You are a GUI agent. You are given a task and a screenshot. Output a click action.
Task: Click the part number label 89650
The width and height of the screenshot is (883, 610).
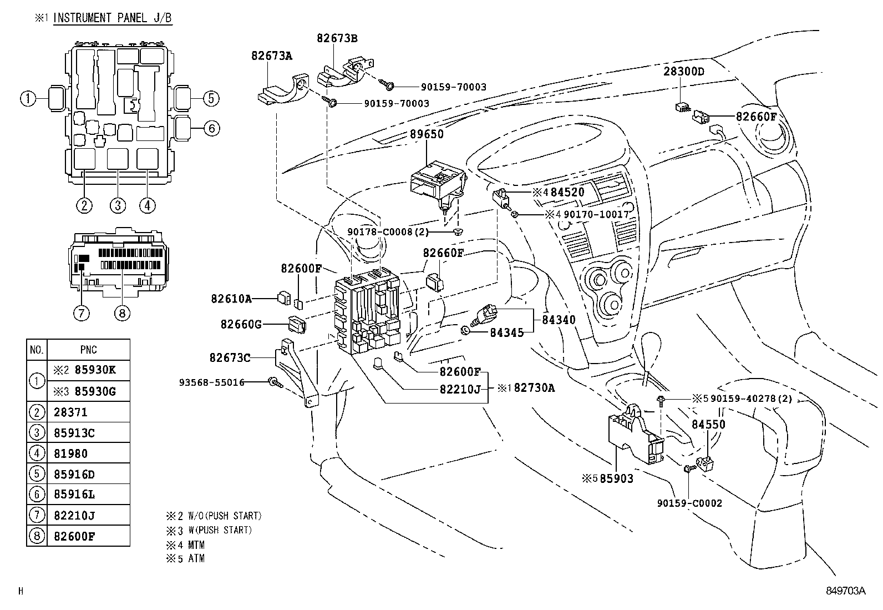tap(427, 134)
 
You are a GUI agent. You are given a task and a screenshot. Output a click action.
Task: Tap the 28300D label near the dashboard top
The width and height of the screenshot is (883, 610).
tap(684, 72)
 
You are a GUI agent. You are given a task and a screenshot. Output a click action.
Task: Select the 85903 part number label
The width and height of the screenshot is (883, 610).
tap(616, 478)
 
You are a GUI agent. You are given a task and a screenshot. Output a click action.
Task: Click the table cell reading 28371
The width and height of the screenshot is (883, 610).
tap(71, 412)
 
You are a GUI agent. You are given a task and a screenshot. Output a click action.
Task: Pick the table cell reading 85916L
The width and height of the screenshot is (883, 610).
tap(74, 495)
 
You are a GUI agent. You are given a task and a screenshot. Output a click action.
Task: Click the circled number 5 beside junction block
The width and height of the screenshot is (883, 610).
tap(211, 99)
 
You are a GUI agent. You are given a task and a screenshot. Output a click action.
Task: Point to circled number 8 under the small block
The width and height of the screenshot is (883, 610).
tap(122, 313)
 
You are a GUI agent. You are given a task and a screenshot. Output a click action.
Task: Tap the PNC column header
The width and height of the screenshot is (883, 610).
tap(88, 350)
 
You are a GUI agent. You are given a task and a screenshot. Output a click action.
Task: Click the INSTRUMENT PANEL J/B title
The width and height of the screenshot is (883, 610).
tap(112, 18)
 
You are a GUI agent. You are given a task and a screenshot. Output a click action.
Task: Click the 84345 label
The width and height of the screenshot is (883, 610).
tap(506, 332)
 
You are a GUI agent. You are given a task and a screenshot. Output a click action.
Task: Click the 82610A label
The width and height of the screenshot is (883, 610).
tap(231, 299)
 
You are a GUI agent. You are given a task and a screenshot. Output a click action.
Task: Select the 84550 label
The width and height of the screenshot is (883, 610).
tap(708, 425)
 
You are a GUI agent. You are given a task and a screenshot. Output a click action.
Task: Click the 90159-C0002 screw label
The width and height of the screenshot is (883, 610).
tap(689, 503)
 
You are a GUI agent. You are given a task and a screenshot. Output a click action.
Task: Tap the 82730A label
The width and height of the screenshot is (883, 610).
tap(534, 388)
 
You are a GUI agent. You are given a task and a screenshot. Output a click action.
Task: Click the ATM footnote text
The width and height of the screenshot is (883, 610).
tap(196, 558)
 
